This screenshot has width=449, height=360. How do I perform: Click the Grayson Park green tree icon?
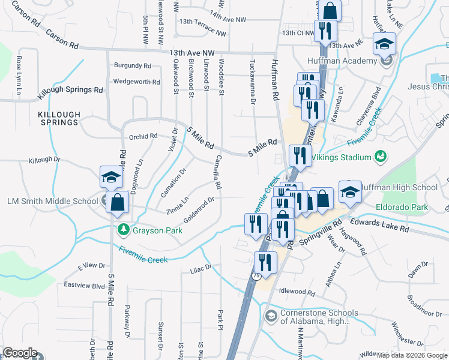tap(124, 229)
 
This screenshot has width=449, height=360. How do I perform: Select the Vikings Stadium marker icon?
tap(380, 157)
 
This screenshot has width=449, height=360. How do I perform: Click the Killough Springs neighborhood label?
tap(59, 118)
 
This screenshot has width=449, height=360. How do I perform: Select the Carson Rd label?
tap(62, 40)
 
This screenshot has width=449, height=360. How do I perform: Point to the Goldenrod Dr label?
tap(199, 209)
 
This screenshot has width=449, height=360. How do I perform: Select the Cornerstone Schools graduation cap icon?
tap(271, 316)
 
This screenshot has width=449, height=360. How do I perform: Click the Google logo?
tap(20, 353)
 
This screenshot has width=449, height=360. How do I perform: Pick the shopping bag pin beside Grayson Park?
tap(117, 203)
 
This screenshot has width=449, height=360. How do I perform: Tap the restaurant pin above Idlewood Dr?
tap(264, 262)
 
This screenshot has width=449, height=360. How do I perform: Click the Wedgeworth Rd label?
tap(136, 82)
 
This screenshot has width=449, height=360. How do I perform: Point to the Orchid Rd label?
tap(142, 136)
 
